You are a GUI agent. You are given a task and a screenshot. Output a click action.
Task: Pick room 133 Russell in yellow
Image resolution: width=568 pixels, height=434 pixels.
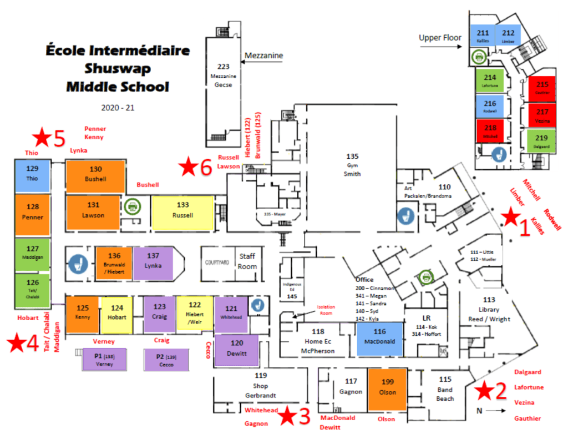pyautogui.click(x=183, y=210)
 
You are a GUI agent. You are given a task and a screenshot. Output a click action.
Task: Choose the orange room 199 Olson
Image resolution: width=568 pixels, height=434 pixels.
pyautogui.click(x=387, y=387)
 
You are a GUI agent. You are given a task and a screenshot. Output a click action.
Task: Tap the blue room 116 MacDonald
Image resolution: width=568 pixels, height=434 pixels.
pyautogui.click(x=379, y=337)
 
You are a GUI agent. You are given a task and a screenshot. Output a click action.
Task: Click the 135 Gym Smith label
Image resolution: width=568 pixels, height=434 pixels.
pyautogui.click(x=352, y=165)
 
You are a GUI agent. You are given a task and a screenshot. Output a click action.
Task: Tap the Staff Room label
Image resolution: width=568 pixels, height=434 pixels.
pyautogui.click(x=247, y=261)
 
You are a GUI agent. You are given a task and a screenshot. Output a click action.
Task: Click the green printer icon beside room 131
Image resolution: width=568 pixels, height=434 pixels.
pyautogui.click(x=132, y=206)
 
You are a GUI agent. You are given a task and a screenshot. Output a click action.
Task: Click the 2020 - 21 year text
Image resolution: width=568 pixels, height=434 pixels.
pyautogui.click(x=117, y=108)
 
